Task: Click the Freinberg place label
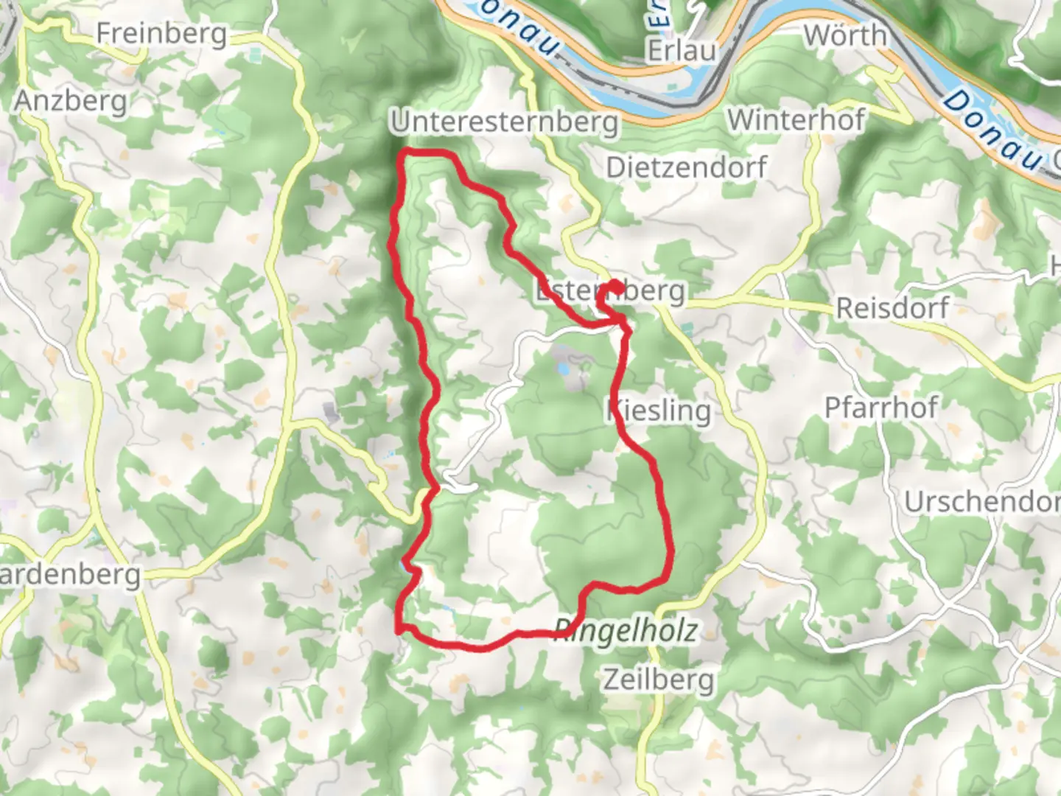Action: coord(161,34)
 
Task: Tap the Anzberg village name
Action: coord(71,100)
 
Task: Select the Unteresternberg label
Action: coord(505,122)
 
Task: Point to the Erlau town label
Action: coord(682,50)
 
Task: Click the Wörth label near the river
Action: coord(845,35)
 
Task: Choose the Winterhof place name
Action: coord(796,119)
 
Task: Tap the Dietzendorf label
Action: coord(686,167)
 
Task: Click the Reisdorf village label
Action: coord(892,307)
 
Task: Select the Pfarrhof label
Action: coord(881,407)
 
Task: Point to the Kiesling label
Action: coord(659,411)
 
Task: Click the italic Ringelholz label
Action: coord(626,631)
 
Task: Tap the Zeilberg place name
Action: coord(659,679)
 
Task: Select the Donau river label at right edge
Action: coord(995,131)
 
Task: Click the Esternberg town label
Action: coord(610,291)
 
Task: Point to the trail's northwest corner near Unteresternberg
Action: coord(404,153)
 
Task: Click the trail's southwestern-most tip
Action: coord(399,630)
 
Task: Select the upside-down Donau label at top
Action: coord(517,29)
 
